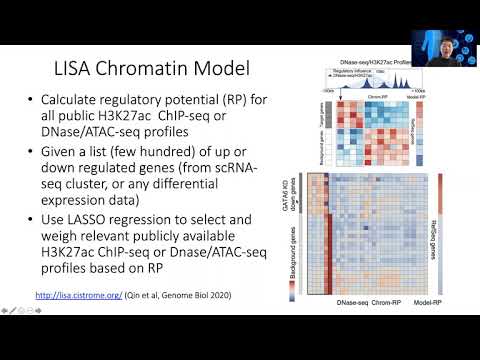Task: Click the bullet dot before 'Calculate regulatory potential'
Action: pos(31,101)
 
